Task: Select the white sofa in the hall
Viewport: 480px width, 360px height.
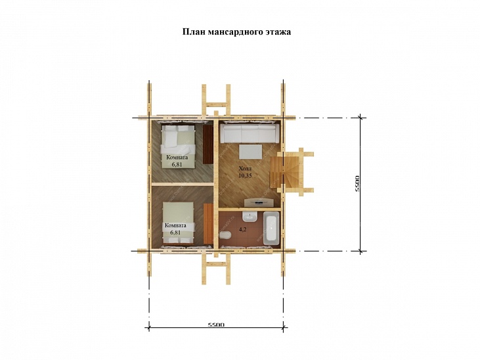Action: click(x=250, y=133)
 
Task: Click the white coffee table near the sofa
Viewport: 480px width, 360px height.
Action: click(x=251, y=151)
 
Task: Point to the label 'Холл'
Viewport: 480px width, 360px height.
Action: click(x=244, y=169)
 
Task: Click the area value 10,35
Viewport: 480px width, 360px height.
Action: click(x=245, y=175)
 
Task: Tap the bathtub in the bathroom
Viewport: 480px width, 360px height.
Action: click(x=272, y=229)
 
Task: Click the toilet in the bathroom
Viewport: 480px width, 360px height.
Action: click(x=225, y=235)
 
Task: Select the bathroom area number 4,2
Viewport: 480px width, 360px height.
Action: click(x=242, y=229)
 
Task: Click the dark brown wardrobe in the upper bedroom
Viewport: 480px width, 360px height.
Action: click(x=208, y=145)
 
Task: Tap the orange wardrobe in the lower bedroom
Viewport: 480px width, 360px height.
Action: click(x=208, y=223)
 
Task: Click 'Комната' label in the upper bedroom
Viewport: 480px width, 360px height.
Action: click(x=177, y=158)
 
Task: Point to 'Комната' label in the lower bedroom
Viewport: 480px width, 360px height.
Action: click(x=175, y=225)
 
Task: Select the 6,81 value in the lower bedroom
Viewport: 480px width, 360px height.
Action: click(x=175, y=233)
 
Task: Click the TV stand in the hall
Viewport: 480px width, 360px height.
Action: click(x=259, y=202)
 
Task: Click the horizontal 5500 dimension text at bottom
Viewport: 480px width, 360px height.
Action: click(x=216, y=325)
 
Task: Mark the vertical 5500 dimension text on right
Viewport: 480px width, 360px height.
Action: click(x=357, y=184)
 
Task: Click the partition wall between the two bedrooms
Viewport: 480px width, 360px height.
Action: click(x=183, y=184)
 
